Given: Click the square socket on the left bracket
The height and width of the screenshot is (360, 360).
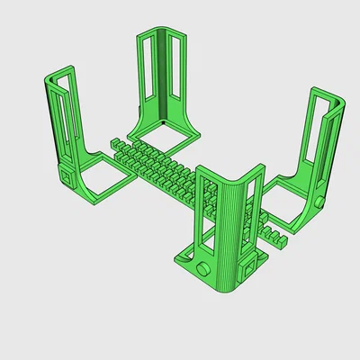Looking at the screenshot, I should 67,174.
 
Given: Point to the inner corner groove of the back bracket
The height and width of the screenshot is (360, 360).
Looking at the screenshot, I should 163,76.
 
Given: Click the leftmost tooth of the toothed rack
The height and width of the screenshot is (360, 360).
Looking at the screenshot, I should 113,143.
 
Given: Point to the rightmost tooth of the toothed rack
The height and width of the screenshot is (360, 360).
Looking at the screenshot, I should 282,240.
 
